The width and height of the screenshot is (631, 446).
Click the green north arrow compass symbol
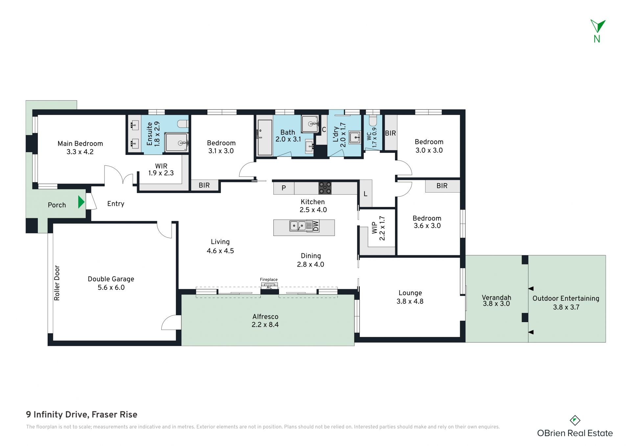click(598, 26)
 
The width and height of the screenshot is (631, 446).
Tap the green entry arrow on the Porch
click(81, 202)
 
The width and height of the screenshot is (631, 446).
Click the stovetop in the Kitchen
click(325, 188)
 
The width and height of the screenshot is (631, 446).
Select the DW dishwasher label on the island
click(315, 226)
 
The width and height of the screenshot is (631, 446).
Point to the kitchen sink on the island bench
click(298, 226)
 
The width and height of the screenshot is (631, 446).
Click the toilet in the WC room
click(373, 121)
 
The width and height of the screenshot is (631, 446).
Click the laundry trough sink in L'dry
click(355, 137)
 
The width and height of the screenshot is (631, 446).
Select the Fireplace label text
click(269, 280)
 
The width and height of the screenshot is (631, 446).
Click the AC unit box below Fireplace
click(269, 287)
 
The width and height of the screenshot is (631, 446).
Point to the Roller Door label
click(57, 283)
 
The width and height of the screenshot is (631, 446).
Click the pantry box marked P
click(284, 188)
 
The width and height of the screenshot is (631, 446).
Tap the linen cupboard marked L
click(365, 194)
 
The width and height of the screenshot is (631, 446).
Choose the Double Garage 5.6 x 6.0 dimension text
click(111, 287)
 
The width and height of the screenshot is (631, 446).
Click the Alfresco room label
click(265, 317)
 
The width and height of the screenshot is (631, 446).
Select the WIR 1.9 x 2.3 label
click(161, 170)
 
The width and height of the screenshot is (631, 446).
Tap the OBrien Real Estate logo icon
click(575, 420)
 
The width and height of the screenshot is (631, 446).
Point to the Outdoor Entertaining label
click(566, 298)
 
